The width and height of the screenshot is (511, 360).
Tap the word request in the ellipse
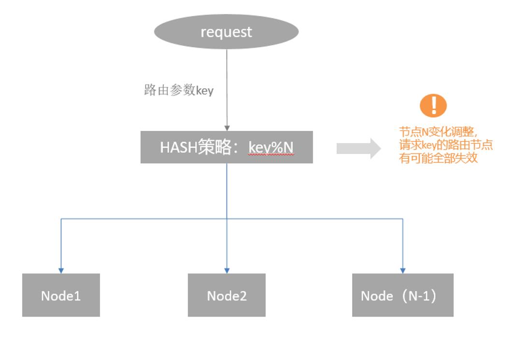[226, 32]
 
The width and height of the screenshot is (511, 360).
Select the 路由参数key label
[179, 90]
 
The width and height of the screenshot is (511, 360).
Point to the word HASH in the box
[178, 147]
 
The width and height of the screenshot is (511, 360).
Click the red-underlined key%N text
[271, 148]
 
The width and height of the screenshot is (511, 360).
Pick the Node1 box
[61, 295]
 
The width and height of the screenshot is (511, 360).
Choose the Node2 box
[227, 295]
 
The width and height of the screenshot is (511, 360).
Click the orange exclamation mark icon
[433, 105]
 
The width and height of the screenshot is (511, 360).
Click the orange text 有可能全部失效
[439, 158]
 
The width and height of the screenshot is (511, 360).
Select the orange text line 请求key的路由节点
[445, 145]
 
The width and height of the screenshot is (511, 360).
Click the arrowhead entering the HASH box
[227, 128]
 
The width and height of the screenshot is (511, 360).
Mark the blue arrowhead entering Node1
[61, 271]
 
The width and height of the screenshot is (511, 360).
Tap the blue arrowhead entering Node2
[227, 271]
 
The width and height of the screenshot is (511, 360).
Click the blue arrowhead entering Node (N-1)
[403, 271]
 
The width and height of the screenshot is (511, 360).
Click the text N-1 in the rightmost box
[419, 296]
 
